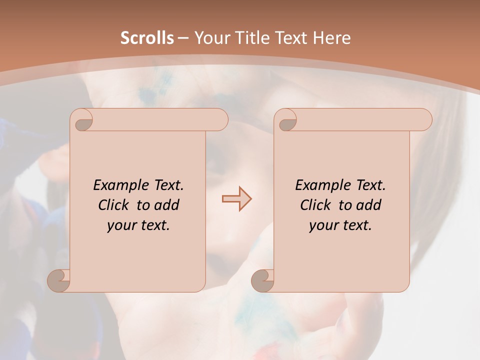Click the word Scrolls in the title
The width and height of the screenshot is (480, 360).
[x=147, y=38]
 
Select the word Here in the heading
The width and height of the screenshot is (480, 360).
[x=332, y=38]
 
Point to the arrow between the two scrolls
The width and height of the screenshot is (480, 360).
[x=236, y=199]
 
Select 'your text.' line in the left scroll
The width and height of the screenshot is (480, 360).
[x=138, y=225]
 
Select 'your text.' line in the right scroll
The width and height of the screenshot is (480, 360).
[x=340, y=225]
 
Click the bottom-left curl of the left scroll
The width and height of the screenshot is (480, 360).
[x=58, y=279]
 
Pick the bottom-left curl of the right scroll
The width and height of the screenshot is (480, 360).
[x=262, y=279]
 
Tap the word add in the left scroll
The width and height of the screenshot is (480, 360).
[x=167, y=205]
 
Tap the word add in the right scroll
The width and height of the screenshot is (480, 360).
[x=369, y=205]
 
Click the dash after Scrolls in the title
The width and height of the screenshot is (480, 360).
[x=183, y=38]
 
